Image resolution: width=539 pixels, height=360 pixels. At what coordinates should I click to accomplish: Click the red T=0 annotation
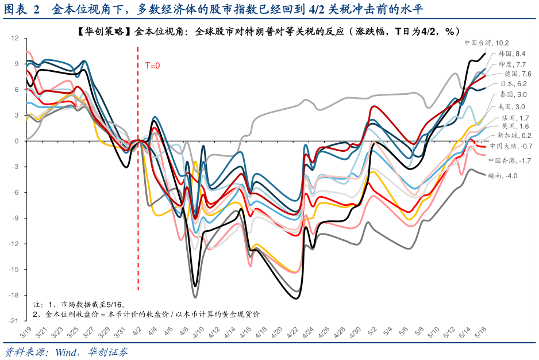click(152, 66)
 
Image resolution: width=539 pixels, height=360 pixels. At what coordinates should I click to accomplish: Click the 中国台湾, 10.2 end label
click(486, 43)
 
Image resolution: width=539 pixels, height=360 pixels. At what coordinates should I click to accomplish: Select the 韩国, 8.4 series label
click(511, 53)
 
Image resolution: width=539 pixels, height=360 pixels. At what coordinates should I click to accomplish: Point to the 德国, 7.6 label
click(518, 74)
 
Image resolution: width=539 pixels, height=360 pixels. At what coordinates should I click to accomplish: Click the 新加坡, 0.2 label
click(511, 135)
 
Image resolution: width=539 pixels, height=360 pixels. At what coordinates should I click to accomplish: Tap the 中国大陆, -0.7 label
click(510, 146)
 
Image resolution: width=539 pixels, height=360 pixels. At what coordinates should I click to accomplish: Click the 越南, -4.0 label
click(502, 176)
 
